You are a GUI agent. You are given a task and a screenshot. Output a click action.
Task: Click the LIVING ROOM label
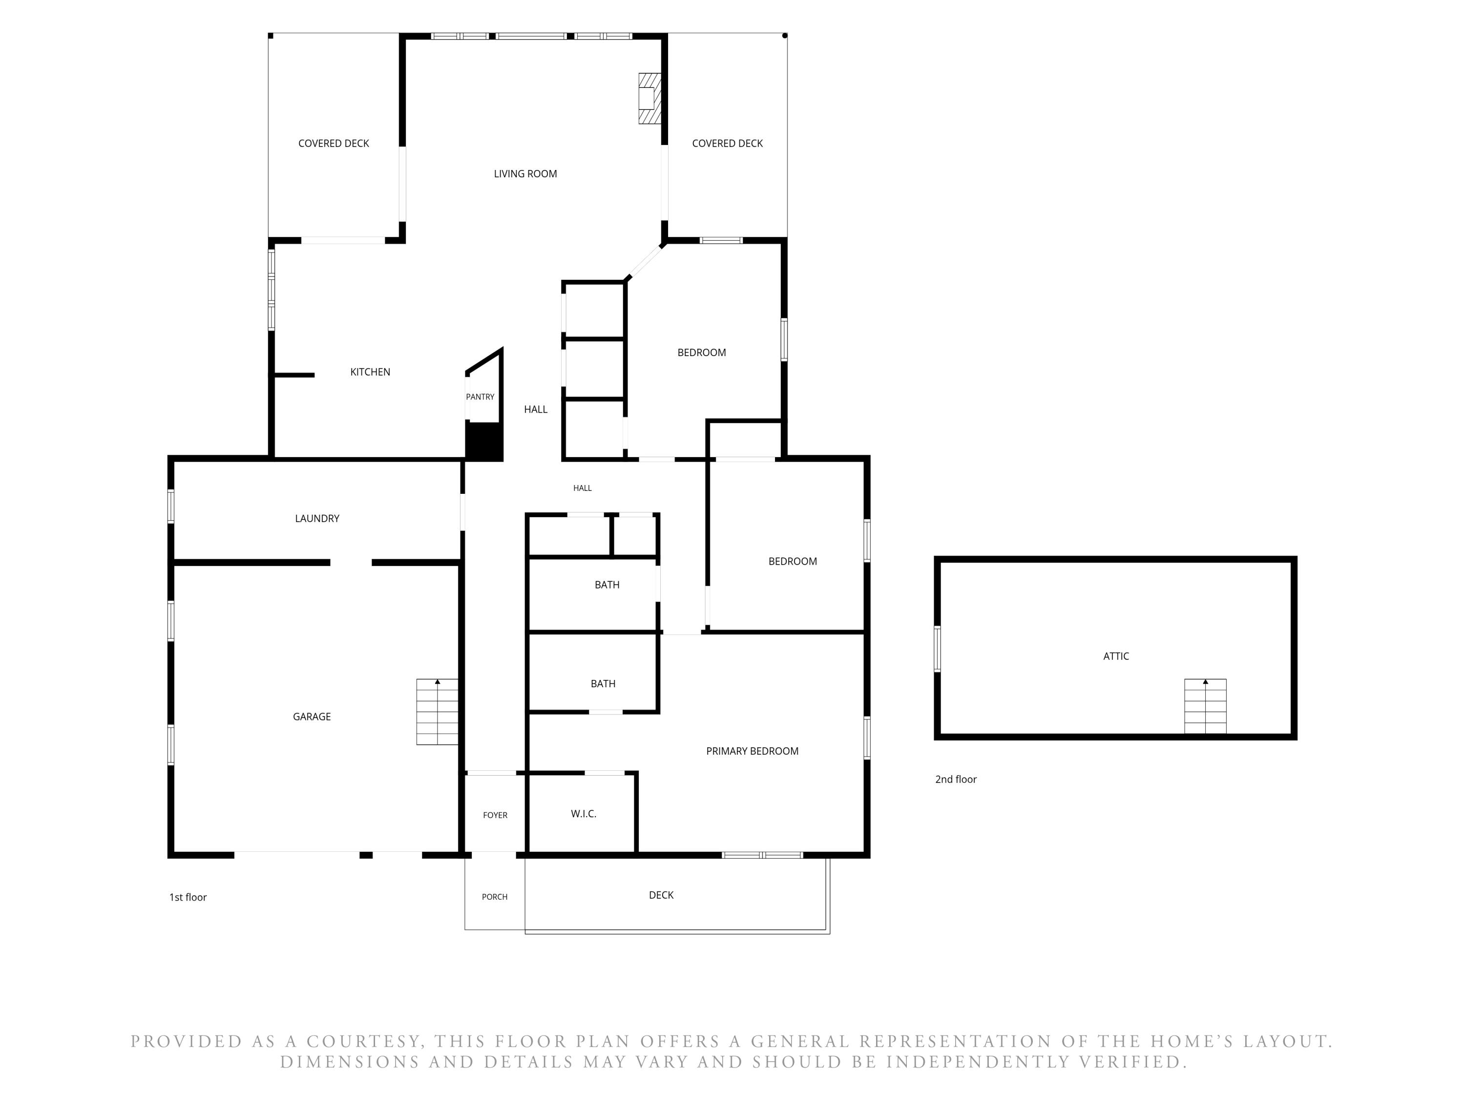point(525,173)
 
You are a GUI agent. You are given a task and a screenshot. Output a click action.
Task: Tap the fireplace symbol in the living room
point(649,98)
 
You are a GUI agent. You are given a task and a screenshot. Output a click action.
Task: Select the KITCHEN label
point(370,372)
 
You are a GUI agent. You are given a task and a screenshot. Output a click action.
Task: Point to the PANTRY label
point(480,397)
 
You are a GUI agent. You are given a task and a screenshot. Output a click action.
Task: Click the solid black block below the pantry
point(484,441)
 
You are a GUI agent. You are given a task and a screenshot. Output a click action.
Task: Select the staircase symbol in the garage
point(437,712)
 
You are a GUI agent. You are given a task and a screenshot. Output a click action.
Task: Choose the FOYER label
point(495,815)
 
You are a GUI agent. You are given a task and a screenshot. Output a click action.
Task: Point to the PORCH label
point(495,896)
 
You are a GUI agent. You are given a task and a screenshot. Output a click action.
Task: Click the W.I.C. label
point(584,813)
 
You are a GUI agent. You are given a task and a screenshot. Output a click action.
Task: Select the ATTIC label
point(1116,656)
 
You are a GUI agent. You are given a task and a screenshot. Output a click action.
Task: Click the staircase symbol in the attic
point(1205,706)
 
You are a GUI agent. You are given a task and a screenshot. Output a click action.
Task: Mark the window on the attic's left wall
point(937,649)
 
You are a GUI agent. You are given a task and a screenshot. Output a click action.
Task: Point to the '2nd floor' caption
point(956,779)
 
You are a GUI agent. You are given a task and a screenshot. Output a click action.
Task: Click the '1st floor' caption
point(188,897)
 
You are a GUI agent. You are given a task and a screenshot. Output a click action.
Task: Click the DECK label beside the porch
point(661,895)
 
